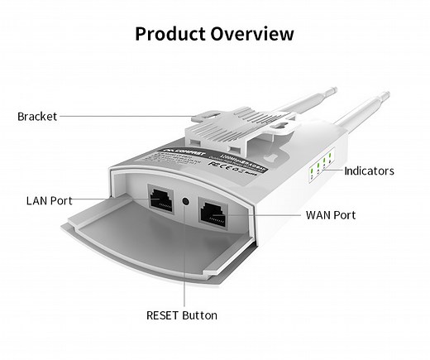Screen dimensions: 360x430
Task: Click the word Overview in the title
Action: [253, 34]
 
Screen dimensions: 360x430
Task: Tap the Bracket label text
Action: [37, 117]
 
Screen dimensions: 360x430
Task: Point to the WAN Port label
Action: [331, 215]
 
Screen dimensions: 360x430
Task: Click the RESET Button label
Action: [182, 315]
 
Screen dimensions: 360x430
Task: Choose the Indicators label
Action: [369, 171]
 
